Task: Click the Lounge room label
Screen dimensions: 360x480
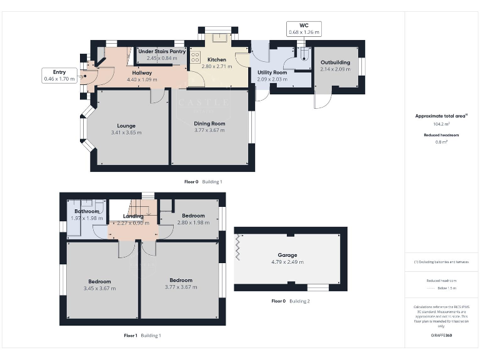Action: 126,124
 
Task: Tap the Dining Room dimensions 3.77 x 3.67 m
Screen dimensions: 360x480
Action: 209,131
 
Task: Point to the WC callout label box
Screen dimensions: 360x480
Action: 304,28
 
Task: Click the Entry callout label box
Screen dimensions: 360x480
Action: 59,76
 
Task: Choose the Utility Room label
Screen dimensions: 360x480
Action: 272,72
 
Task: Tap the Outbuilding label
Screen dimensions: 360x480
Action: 334,62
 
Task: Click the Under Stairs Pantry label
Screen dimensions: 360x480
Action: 162,51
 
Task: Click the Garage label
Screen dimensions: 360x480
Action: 287,255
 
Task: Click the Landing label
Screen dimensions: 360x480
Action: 133,216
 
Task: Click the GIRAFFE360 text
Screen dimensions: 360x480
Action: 441,336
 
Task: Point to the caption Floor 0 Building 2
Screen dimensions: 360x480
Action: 290,301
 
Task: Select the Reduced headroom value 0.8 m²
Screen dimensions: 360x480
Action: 441,142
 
